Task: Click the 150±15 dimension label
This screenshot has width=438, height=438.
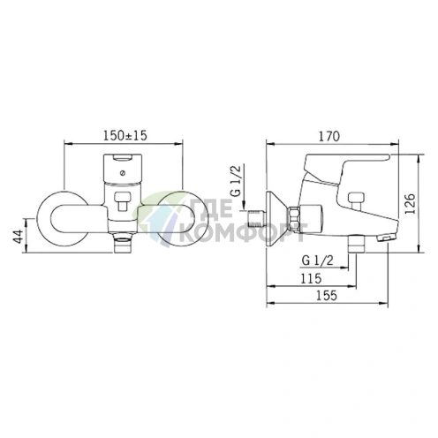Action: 125,135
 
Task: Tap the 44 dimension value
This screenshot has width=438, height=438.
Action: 19,237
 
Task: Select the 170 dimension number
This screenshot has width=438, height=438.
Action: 329,137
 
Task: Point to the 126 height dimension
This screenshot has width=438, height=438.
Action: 410,204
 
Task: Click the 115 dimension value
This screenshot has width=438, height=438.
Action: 311,278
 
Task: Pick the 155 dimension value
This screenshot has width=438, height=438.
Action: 327,295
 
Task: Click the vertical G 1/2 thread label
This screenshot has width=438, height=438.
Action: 236,180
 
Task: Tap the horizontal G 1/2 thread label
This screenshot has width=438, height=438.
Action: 318,261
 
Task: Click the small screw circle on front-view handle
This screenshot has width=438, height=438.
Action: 123,173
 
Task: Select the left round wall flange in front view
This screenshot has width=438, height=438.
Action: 63,222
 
